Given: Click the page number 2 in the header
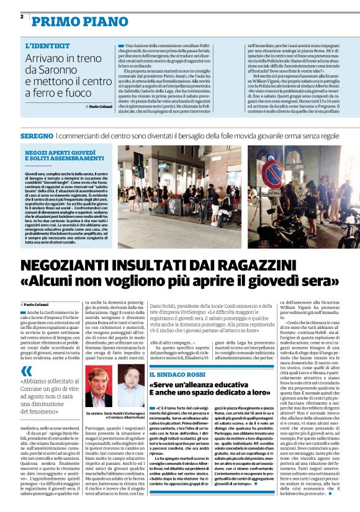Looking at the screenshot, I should coord(22,17).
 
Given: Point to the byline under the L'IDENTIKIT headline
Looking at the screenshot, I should coord(94,106).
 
